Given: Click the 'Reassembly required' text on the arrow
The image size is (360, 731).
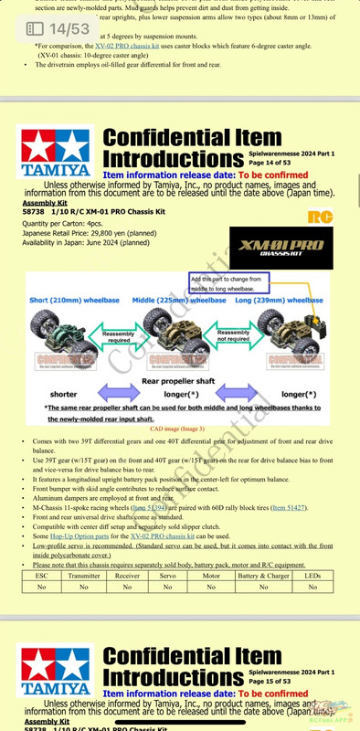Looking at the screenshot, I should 118,311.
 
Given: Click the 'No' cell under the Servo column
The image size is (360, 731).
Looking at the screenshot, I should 168,588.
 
